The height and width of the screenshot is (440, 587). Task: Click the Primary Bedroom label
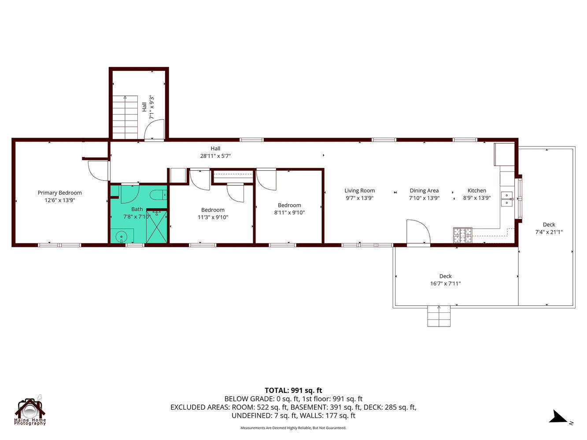[59, 193]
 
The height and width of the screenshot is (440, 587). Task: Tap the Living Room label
[359, 191]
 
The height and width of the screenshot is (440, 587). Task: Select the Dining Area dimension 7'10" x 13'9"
[424, 198]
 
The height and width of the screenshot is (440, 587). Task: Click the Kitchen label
[476, 191]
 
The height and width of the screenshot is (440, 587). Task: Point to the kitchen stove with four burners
[462, 235]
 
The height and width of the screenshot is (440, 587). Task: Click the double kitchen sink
[507, 198]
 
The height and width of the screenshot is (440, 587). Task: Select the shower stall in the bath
[157, 227]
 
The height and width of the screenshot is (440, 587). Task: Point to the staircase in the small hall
[125, 117]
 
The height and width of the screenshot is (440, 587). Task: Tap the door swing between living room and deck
[417, 231]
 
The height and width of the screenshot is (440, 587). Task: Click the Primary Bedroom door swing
[98, 171]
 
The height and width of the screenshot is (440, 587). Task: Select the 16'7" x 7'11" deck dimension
[445, 284]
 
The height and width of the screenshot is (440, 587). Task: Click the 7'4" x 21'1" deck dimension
[549, 232]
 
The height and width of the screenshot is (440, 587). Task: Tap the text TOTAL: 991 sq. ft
[293, 390]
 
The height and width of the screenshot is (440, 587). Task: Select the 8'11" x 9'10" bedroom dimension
[289, 213]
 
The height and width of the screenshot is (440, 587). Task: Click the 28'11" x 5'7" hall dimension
[215, 156]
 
